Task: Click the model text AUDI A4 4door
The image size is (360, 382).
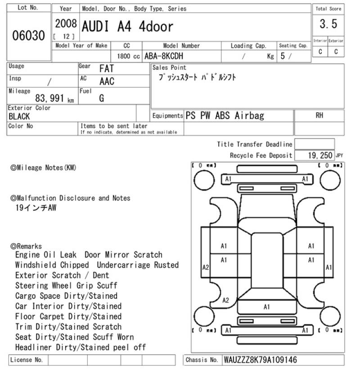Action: click(127, 27)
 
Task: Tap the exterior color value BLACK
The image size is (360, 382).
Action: click(19, 116)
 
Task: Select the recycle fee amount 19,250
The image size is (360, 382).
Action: click(320, 155)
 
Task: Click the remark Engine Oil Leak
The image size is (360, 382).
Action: click(45, 255)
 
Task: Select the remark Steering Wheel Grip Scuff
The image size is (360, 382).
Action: click(66, 285)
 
